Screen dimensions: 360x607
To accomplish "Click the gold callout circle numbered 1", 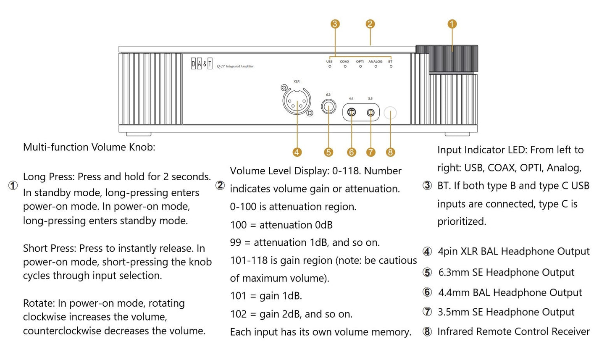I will [452, 24].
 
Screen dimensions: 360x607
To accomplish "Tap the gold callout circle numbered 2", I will [370, 24].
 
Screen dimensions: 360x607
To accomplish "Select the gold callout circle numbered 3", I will [335, 24].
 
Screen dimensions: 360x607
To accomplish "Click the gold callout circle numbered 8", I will [390, 152].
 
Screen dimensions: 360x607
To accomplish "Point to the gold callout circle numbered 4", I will [297, 152].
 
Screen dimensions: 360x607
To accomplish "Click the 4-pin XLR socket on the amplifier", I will [297, 101].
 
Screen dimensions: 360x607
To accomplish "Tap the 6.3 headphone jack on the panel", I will [328, 107].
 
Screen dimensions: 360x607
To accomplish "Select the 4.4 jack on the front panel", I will [352, 112].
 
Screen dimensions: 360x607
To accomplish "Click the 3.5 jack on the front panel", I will [371, 112].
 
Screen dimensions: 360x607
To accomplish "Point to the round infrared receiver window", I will [390, 113].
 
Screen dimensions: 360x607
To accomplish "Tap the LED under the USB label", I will [330, 66].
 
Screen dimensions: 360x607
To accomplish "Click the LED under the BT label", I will [391, 66].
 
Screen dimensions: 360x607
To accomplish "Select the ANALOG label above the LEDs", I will [376, 61].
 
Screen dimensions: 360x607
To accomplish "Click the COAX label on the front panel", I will [344, 61].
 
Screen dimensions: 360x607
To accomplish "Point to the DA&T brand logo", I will [202, 64].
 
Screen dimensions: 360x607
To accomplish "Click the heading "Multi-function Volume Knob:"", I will [89, 147].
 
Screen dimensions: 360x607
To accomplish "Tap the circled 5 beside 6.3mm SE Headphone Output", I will [427, 272].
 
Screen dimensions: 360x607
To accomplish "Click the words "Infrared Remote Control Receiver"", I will [513, 331].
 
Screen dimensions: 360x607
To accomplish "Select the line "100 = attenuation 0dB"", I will [281, 225].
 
